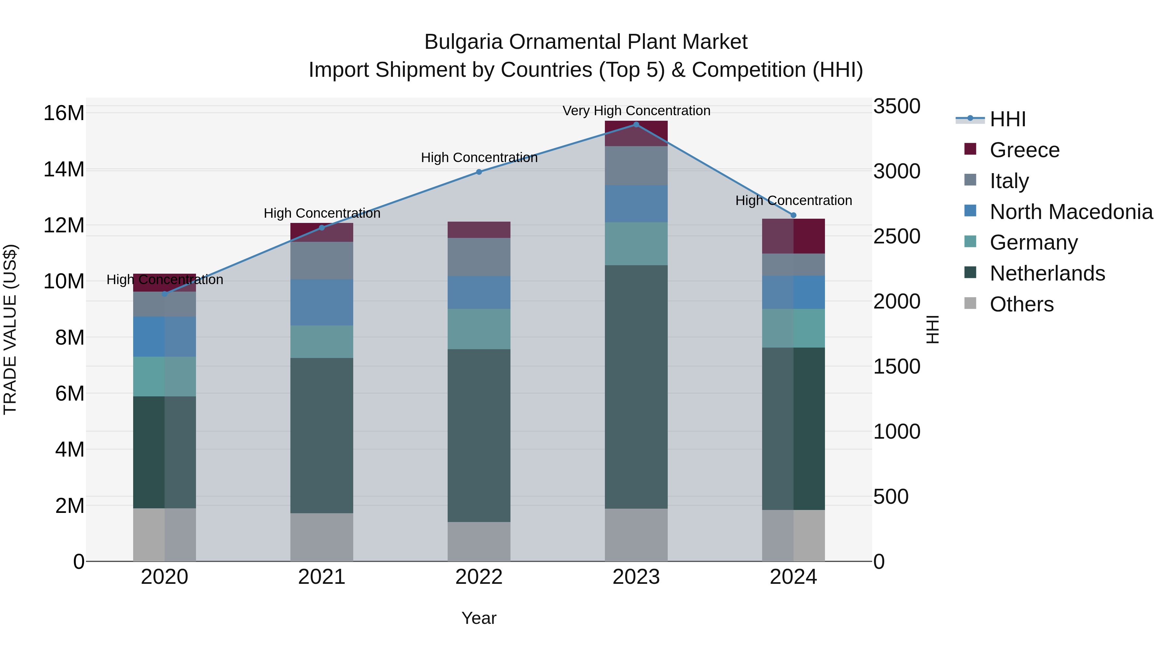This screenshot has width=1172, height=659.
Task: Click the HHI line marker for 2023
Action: tap(636, 125)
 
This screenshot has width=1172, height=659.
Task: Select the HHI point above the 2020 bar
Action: tap(165, 294)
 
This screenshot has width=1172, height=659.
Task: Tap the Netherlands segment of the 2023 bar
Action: tap(636, 387)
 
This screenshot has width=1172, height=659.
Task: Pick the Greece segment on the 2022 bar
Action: tap(479, 230)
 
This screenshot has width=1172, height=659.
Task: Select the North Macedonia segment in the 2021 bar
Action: tap(322, 302)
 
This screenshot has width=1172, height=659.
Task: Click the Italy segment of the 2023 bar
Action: tap(636, 166)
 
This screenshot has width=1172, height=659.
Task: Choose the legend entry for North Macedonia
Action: tap(1071, 212)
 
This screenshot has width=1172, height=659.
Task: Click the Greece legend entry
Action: tap(1025, 150)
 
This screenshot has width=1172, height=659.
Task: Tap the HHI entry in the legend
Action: tap(1008, 119)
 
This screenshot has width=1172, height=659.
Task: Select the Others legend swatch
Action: tap(970, 303)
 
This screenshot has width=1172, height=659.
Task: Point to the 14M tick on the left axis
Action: tap(64, 170)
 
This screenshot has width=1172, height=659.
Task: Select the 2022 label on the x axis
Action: tap(479, 577)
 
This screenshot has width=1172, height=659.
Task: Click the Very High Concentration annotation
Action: tap(636, 111)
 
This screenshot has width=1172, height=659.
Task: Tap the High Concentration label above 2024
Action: tap(793, 200)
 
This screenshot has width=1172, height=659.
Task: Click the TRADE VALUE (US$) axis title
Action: tap(10, 329)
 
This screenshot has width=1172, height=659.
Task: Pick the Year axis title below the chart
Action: tap(479, 618)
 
